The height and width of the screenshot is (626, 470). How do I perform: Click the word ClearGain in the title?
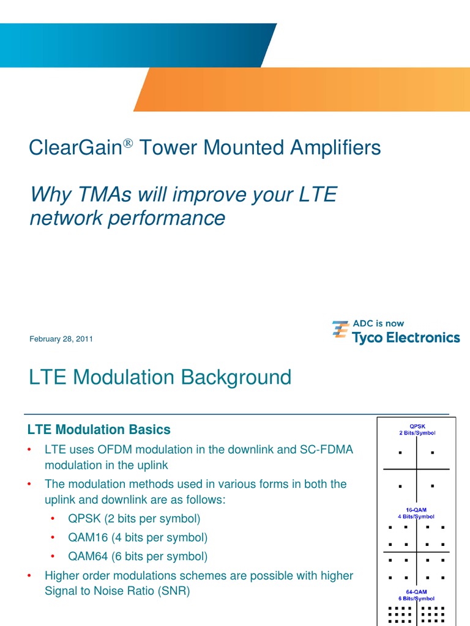(72, 147)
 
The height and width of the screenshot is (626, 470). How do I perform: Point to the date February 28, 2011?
(61, 339)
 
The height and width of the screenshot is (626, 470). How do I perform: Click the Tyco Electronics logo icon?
(340, 330)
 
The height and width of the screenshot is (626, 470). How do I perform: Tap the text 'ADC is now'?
(378, 323)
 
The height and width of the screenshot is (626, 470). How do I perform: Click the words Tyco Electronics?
(406, 337)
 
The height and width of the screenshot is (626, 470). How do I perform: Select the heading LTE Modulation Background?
(160, 377)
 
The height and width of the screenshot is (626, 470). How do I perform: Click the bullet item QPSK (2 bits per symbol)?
(134, 519)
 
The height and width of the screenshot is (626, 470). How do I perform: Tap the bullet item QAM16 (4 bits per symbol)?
(138, 538)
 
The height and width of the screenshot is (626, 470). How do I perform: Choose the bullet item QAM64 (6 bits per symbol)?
(138, 557)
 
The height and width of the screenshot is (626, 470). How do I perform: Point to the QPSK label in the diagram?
(417, 426)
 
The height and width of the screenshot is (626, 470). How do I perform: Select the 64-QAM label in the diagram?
(417, 592)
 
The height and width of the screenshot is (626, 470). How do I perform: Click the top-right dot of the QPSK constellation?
(433, 454)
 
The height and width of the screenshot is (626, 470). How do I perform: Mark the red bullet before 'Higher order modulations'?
(29, 576)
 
